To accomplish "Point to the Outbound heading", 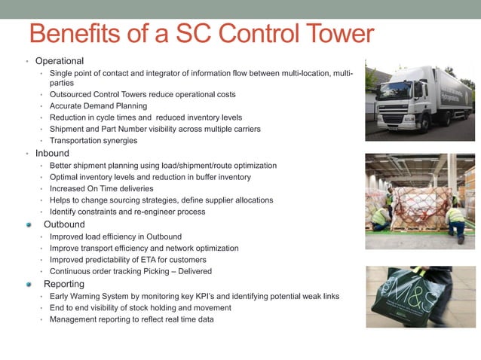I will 64,224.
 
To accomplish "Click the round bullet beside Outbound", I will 29,224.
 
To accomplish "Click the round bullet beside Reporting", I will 29,284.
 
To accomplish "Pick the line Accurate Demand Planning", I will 98,106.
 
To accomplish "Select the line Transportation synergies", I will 93,140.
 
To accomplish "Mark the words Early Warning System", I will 89,296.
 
